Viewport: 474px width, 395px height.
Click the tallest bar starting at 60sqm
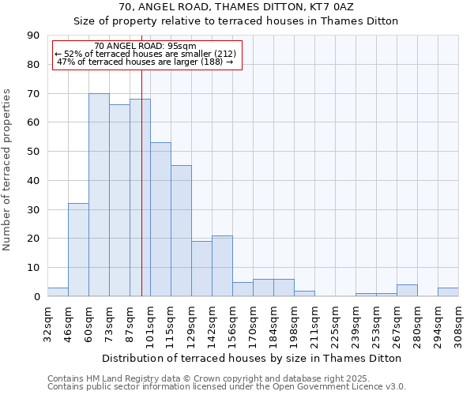pyautogui.click(x=99, y=194)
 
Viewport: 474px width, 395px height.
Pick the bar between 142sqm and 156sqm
pyautogui.click(x=222, y=266)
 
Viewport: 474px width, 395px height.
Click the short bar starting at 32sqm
pyautogui.click(x=58, y=292)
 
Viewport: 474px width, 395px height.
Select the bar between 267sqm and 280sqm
pyautogui.click(x=407, y=291)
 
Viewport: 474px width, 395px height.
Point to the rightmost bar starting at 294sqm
pyautogui.click(x=448, y=292)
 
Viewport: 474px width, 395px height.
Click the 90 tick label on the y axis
pyautogui.click(x=33, y=36)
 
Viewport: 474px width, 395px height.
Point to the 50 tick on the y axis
pyautogui.click(x=33, y=152)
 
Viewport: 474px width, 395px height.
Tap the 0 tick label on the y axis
pyautogui.click(x=36, y=297)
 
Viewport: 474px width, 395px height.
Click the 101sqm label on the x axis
pyautogui.click(x=151, y=323)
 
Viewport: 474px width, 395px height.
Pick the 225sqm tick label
pyautogui.click(x=336, y=323)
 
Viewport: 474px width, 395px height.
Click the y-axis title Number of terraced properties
pyautogui.click(x=8, y=169)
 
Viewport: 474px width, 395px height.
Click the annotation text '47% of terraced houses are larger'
pyautogui.click(x=145, y=62)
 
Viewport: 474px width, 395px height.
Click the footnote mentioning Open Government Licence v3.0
pyautogui.click(x=227, y=387)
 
